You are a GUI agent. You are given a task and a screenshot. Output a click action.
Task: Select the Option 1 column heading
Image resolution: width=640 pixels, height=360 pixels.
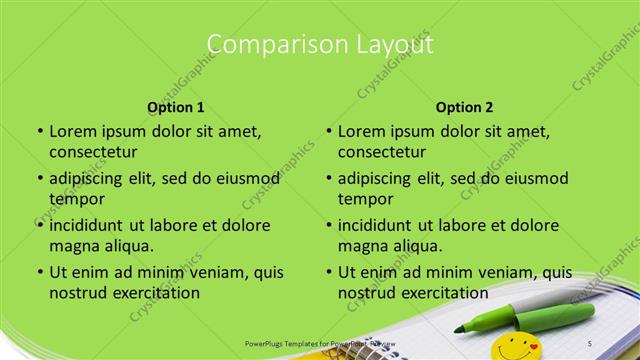click(x=176, y=107)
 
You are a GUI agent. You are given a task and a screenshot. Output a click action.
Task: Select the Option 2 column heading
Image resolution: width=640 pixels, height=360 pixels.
click(x=464, y=107)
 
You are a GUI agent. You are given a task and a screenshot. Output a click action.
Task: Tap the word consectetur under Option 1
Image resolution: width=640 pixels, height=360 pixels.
click(x=93, y=152)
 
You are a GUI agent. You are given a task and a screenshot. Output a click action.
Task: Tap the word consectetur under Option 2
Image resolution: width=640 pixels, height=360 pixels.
click(x=381, y=152)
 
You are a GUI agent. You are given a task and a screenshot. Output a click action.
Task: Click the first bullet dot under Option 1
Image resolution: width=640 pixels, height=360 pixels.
click(x=39, y=131)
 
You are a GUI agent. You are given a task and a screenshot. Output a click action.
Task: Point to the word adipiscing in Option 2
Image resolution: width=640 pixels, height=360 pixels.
click(x=373, y=178)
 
